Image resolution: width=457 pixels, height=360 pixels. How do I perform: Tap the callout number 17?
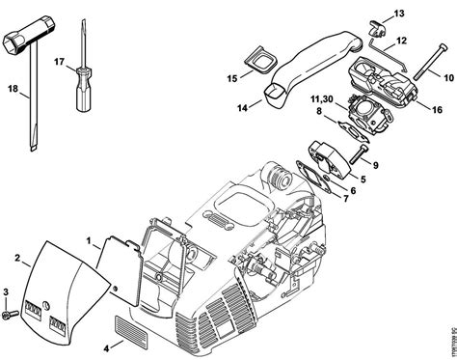(60, 62)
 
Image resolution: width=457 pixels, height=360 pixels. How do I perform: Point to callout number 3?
(8, 291)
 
